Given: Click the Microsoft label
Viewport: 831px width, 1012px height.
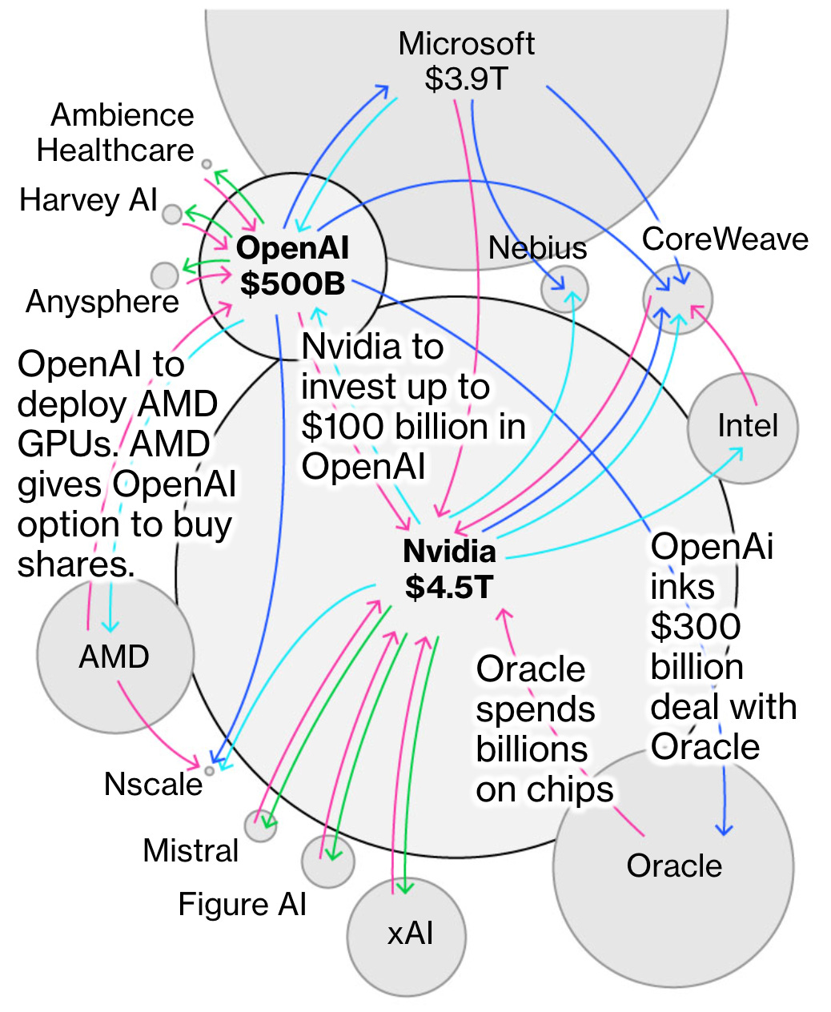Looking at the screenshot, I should [x=466, y=44].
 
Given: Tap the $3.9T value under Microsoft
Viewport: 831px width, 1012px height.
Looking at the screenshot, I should [x=466, y=78].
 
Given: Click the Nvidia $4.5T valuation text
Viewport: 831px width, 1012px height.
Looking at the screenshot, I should [x=449, y=587].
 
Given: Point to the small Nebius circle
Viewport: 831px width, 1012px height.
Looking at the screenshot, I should [x=564, y=289].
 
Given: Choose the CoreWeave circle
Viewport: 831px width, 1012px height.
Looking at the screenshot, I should [x=677, y=299].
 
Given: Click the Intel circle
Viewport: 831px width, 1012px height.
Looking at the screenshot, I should [x=743, y=428].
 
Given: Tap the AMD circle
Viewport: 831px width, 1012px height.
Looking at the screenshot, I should [x=115, y=655].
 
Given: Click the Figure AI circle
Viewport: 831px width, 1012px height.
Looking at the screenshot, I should [x=327, y=861].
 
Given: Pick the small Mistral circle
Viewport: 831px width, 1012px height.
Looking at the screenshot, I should [x=260, y=825].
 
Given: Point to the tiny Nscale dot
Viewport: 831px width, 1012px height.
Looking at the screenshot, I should [x=210, y=770].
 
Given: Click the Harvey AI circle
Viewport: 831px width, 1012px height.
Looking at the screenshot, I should [x=172, y=214].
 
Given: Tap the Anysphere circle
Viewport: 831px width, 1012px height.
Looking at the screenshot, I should [x=165, y=275].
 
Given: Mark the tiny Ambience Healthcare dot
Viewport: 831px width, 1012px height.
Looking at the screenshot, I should [x=207, y=164].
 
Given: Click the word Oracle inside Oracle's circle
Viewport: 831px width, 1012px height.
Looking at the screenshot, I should [x=674, y=865].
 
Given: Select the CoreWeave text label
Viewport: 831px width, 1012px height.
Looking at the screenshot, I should [x=725, y=239].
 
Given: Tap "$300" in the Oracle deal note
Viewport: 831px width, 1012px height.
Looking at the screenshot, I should [x=695, y=627].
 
